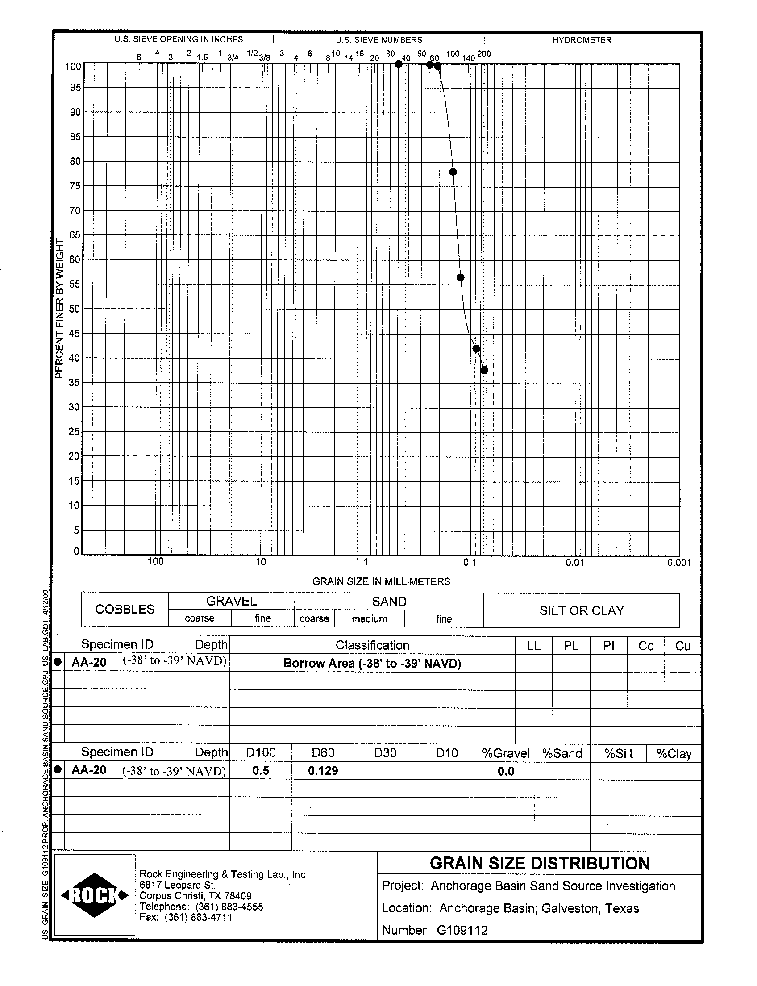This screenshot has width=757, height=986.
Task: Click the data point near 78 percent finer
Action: coord(453,172)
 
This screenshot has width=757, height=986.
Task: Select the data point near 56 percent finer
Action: coord(461,278)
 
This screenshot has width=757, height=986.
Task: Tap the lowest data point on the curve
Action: coord(484,370)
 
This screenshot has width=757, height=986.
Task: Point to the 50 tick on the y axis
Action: coord(75,309)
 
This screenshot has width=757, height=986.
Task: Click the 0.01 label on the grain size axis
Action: coord(575,562)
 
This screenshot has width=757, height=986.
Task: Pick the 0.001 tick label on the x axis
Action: coord(679,563)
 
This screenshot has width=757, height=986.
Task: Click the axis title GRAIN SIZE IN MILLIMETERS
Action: coord(381,581)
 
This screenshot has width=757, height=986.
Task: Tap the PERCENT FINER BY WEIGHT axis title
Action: coord(59,309)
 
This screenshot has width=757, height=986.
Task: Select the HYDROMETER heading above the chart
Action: coord(582,40)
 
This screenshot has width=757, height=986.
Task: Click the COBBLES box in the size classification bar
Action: coord(125,609)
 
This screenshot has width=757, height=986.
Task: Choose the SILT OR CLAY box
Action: coord(582,610)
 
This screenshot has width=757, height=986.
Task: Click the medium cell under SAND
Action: coord(370,618)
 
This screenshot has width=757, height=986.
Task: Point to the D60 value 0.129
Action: coord(323,770)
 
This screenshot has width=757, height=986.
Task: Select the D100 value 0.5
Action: coord(261,770)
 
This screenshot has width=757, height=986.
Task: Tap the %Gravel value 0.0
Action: coord(506,771)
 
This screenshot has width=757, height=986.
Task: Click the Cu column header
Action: coord(682,646)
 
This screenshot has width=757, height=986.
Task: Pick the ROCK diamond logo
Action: coord(95,895)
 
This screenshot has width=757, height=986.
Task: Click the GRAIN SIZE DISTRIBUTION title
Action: coord(539,863)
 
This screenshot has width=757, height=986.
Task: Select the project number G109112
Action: coord(462,930)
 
